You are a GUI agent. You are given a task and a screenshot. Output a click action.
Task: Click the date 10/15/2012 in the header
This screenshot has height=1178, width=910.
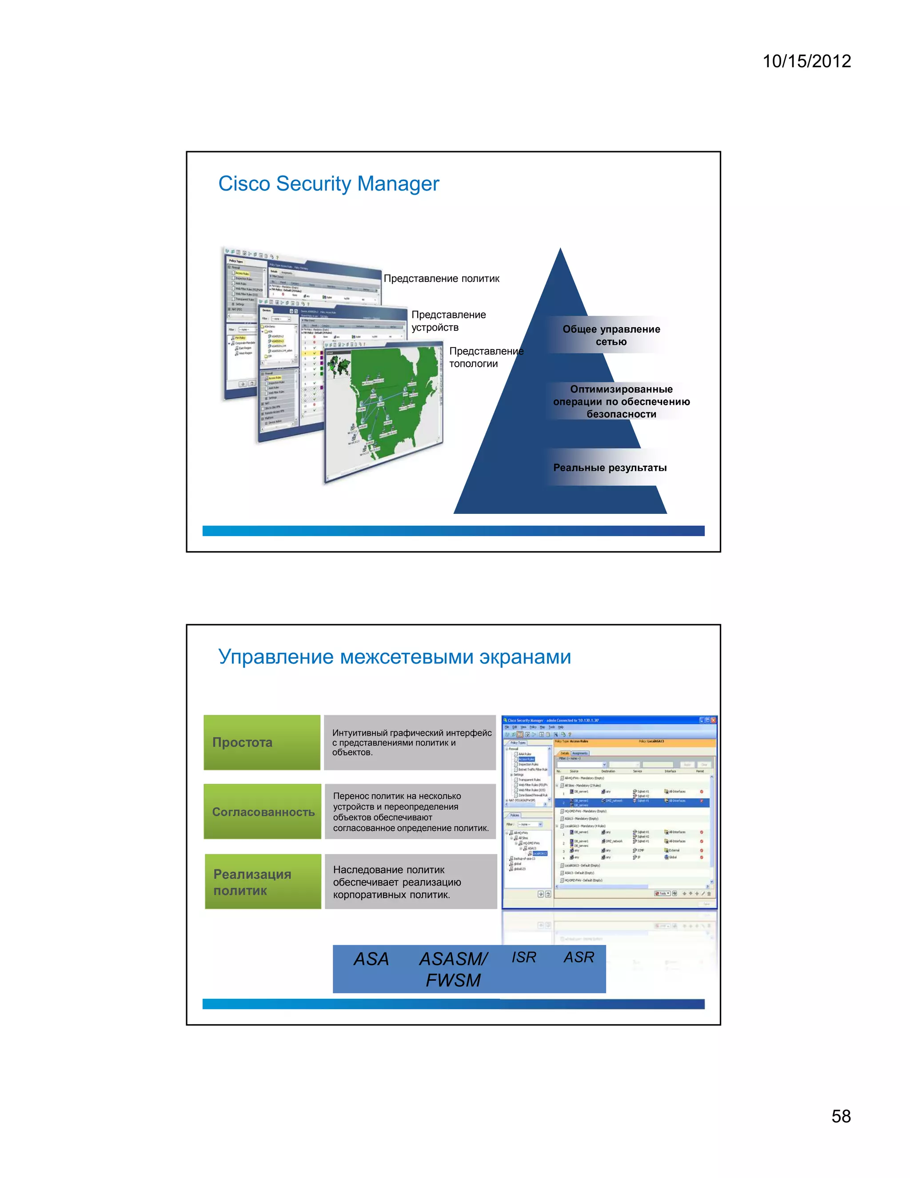(806, 61)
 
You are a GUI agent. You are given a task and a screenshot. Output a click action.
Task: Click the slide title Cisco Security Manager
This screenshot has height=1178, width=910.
(328, 184)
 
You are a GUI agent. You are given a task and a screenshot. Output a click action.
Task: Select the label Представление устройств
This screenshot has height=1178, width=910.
(448, 321)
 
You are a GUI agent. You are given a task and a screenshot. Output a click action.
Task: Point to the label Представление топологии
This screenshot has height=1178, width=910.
(485, 357)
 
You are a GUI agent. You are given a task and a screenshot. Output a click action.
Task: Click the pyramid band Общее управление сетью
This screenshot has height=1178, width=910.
(611, 336)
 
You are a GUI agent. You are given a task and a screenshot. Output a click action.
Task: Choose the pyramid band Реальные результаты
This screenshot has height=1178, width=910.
(609, 468)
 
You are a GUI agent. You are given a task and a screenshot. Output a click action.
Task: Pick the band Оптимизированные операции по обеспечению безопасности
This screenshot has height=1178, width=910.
(621, 402)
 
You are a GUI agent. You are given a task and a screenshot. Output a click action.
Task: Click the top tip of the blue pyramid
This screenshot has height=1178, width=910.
(561, 251)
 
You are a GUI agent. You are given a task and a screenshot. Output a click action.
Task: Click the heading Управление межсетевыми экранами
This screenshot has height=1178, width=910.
(394, 657)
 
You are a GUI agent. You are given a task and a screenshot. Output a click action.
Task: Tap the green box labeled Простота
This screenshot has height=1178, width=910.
(262, 742)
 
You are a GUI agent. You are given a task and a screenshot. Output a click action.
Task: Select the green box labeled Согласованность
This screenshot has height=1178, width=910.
(263, 812)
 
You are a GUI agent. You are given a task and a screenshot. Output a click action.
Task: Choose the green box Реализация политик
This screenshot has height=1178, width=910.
(263, 881)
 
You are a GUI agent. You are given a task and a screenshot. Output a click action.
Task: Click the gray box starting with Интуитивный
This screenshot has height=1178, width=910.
(410, 743)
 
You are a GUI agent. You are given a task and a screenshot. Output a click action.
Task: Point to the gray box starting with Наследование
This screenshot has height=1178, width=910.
(410, 881)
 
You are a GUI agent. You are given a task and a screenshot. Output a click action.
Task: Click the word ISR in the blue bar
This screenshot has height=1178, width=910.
(523, 957)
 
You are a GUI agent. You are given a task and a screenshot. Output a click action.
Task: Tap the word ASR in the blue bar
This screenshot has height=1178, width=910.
(579, 957)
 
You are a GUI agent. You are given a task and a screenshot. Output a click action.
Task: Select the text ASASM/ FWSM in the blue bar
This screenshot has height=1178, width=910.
(453, 969)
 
